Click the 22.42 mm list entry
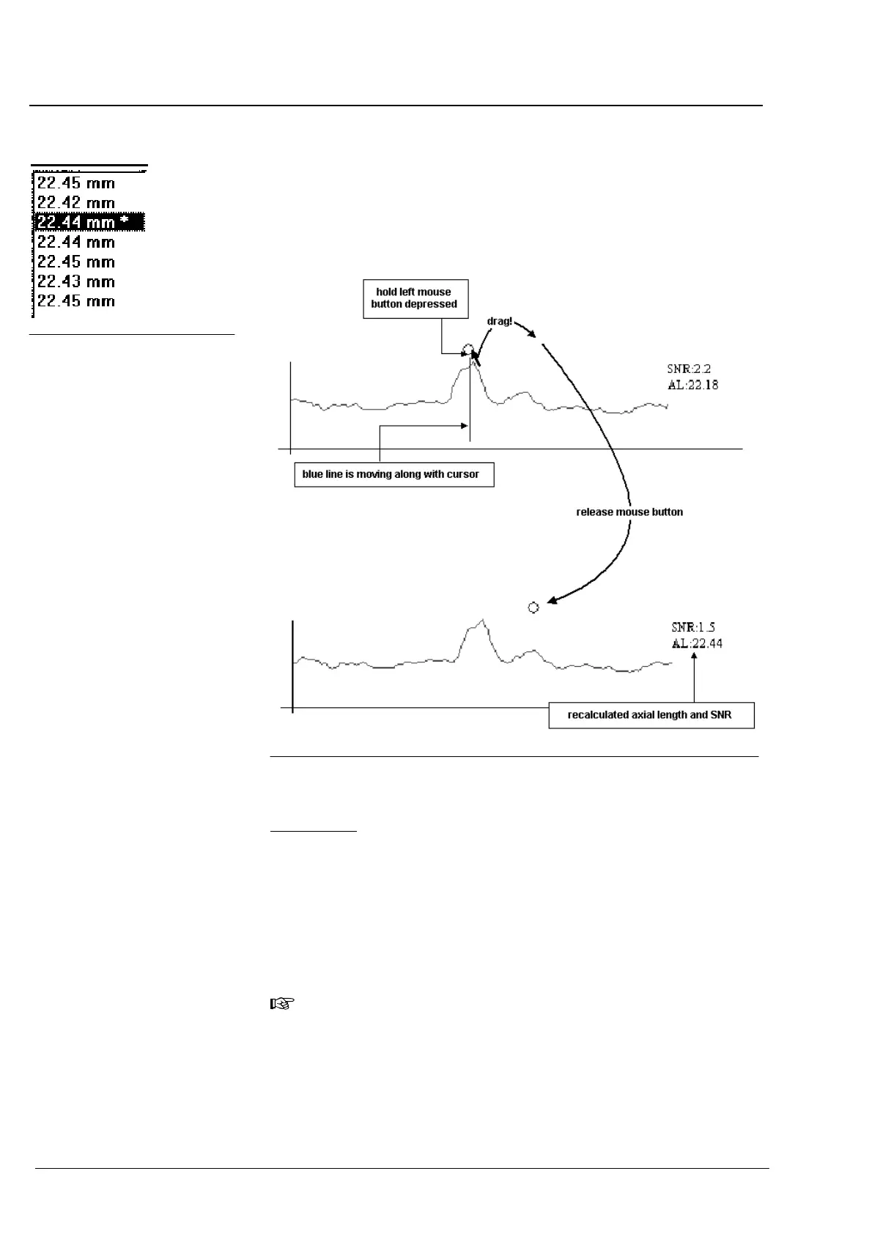[76, 203]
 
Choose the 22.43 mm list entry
[76, 281]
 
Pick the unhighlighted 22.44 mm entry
[76, 242]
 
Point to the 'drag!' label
[500, 322]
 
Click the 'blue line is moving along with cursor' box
[393, 475]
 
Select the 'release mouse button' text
[629, 512]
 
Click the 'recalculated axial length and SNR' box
[651, 715]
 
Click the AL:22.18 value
[693, 385]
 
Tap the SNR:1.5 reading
[693, 627]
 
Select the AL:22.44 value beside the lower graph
[697, 643]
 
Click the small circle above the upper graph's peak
[468, 349]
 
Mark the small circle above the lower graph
[533, 607]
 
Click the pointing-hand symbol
[283, 1004]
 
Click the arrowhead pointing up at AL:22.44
[693, 657]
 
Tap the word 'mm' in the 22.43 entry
[101, 282]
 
